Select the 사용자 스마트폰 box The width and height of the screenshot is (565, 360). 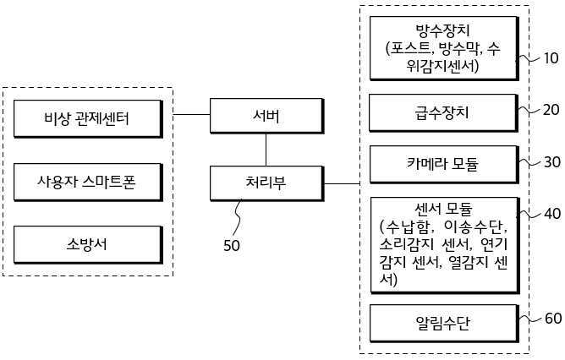tap(87, 180)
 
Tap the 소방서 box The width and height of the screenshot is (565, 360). tap(87, 244)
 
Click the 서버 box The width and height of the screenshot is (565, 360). tap(266, 115)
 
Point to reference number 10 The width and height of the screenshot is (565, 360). tap(551, 59)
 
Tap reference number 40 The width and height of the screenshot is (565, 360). tap(551, 214)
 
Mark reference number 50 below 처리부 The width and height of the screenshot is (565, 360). tap(231, 247)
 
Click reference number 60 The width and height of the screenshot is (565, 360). tap(551, 319)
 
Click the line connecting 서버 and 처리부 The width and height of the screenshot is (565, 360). tap(266, 149)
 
